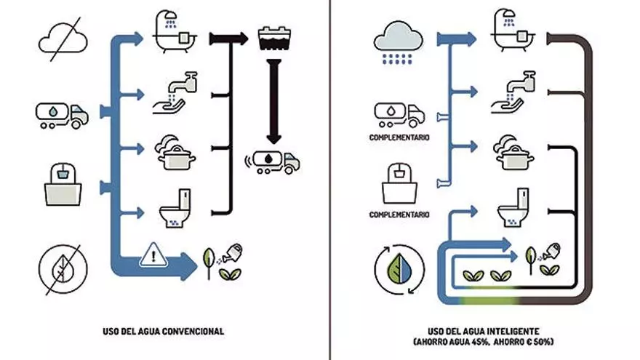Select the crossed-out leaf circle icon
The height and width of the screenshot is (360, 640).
62,267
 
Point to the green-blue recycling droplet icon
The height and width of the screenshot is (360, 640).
396,267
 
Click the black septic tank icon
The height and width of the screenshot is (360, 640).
273,39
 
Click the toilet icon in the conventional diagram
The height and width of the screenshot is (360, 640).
175,209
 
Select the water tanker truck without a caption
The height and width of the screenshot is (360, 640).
62,114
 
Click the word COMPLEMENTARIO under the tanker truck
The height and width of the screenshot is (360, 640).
399,138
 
